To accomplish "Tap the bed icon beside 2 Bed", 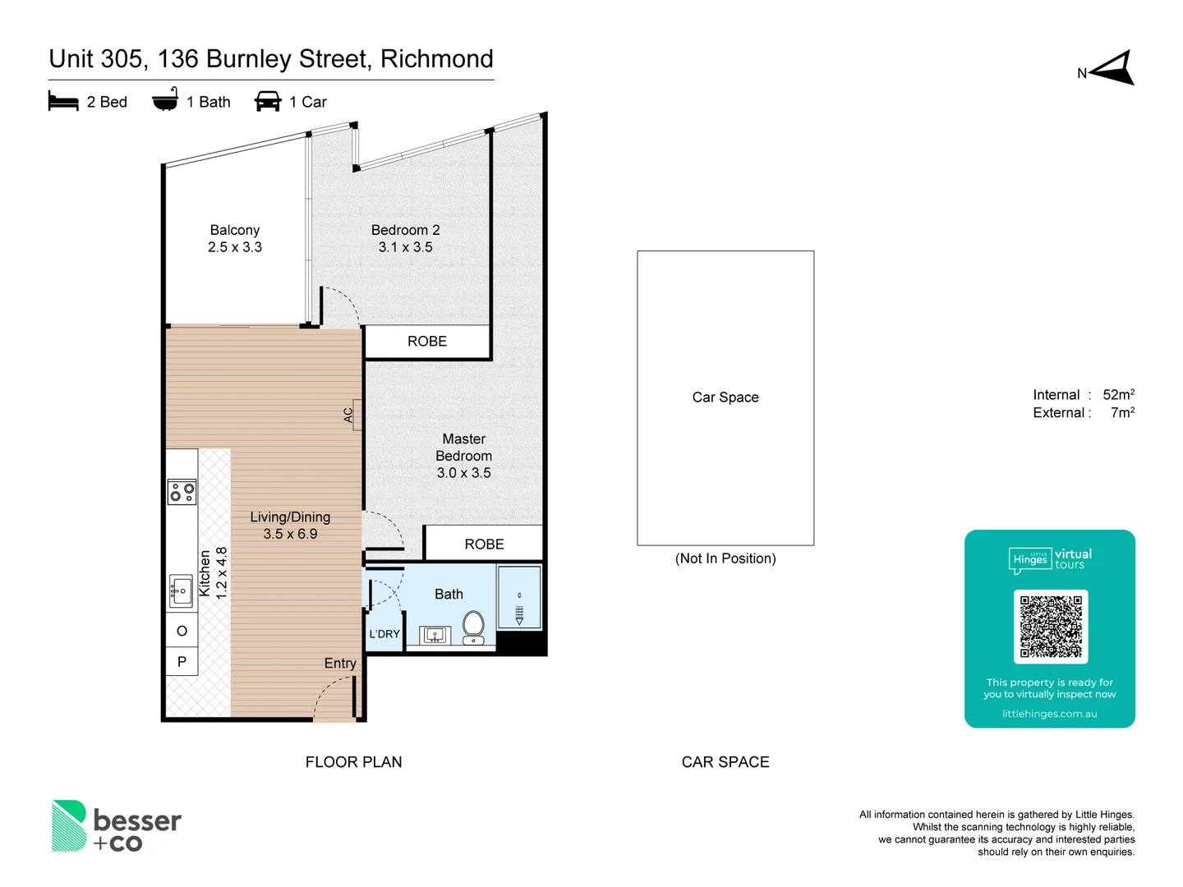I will click(63, 102).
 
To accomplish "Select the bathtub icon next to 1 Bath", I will click(165, 99).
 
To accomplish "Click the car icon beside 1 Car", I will click(268, 101).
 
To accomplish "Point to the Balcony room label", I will click(234, 231).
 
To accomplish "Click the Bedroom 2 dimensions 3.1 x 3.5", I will click(405, 247).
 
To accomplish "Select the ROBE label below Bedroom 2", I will click(427, 342).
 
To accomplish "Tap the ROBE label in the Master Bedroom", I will click(484, 545).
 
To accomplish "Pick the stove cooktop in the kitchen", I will click(182, 492).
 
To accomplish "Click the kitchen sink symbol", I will click(181, 591).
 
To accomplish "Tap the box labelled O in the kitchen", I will click(182, 631).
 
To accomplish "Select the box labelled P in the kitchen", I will click(182, 661).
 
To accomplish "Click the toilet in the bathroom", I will click(473, 628).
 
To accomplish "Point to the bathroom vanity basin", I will click(435, 635).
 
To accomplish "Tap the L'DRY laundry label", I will click(384, 634).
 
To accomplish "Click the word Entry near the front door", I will click(340, 664).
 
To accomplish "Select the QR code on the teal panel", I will click(1051, 626).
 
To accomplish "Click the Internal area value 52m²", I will click(1118, 395).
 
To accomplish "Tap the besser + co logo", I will click(117, 826).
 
